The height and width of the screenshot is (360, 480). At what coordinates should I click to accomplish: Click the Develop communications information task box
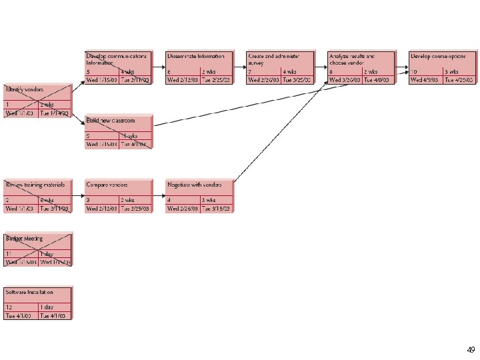point(118,67)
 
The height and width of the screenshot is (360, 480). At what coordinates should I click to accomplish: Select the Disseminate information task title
point(196,57)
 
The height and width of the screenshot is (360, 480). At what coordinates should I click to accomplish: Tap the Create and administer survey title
point(273,59)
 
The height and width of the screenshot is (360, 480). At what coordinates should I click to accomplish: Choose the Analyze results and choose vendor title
point(351,59)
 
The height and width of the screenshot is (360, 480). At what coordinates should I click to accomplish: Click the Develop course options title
point(438,57)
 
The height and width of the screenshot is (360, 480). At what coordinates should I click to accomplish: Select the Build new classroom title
point(111,121)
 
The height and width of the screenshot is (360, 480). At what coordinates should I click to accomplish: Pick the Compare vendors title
point(107,184)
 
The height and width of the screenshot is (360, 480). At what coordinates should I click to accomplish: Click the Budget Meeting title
point(24,238)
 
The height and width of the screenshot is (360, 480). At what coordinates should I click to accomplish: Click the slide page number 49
point(471,349)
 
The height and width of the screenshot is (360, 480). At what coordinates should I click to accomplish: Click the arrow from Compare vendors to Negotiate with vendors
point(159,195)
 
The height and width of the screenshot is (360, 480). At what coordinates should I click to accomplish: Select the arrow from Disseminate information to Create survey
point(240,67)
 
